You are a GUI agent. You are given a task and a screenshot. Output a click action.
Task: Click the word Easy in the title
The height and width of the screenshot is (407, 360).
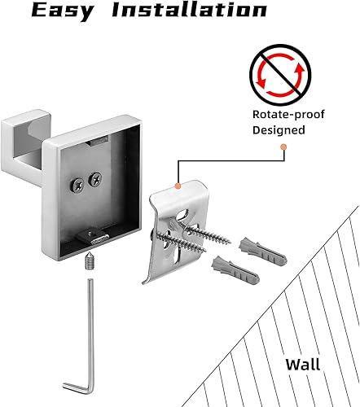tap(64, 11)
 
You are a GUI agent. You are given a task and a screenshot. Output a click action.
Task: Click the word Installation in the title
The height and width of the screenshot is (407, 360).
tap(190, 10)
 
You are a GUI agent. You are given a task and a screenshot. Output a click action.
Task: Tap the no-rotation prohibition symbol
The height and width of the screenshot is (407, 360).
tap(280, 75)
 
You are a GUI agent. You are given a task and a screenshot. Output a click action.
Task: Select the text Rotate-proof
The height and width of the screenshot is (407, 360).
tap(288, 115)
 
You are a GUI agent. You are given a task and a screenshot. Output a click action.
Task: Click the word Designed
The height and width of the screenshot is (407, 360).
tap(279, 130)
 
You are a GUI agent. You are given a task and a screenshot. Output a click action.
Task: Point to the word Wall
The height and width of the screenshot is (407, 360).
tap(303, 364)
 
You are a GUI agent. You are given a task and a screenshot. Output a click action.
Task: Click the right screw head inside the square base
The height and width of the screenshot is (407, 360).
tap(95, 179)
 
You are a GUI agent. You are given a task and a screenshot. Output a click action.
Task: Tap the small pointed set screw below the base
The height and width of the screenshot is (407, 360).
tap(89, 260)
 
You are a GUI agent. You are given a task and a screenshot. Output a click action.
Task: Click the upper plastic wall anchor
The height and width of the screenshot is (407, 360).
tap(262, 252)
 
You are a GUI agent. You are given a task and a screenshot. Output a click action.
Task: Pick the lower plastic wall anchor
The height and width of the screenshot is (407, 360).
tap(235, 270)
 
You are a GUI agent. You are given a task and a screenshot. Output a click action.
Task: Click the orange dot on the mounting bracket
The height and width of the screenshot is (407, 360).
tap(178, 186)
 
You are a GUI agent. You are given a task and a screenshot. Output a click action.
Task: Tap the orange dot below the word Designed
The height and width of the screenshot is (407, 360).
tap(283, 147)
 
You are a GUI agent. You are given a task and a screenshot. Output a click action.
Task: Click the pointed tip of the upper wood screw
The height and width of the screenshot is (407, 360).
tap(230, 243)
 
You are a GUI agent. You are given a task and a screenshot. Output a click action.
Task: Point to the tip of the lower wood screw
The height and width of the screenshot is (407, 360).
tap(205, 251)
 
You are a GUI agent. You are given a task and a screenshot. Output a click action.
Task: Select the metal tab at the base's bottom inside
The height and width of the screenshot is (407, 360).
tap(93, 236)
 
